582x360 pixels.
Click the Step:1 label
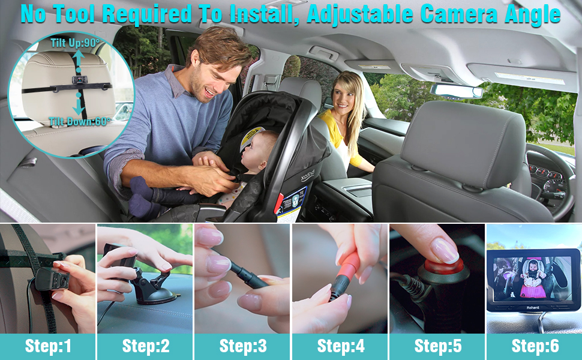[48, 346]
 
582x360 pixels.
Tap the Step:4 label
[340, 346]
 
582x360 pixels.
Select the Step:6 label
[534, 346]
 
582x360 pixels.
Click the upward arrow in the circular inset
[78, 60]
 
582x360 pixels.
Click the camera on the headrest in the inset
[78, 80]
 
